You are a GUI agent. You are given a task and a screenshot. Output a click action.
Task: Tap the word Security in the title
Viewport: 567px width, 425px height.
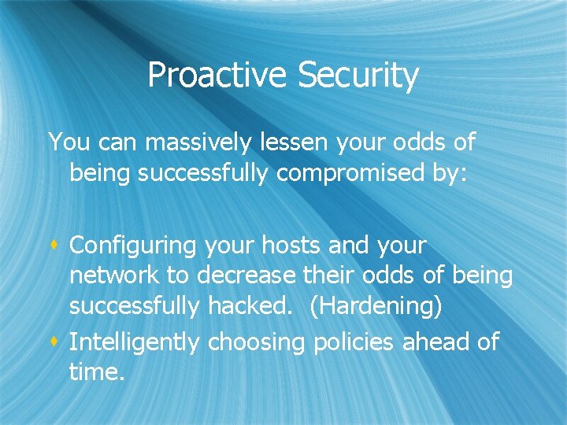[x=358, y=76]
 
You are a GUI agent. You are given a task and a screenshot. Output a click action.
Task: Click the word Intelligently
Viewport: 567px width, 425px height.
[x=135, y=342]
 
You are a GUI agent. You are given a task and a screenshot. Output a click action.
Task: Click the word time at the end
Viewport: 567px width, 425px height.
[x=96, y=372]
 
